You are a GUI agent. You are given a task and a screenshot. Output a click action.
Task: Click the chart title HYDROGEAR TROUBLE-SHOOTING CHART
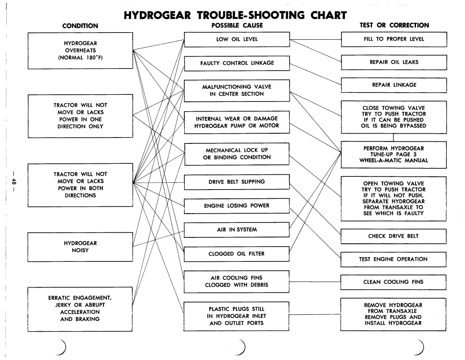236,15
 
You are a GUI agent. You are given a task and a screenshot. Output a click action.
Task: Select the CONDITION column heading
80,26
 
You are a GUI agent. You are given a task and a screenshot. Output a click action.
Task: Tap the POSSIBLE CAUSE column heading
237,26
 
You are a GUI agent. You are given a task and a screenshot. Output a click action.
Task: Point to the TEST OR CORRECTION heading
394,25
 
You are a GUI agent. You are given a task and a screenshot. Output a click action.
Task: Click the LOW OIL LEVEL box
237,39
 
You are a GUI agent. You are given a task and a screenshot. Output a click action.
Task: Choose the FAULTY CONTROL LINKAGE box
237,63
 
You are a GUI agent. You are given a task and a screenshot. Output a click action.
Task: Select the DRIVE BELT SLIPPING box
237,182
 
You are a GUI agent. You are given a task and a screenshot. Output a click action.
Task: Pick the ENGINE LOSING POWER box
237,206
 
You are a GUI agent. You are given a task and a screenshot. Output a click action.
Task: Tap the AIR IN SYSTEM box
237,230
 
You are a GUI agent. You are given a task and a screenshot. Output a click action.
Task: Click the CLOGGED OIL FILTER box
237,254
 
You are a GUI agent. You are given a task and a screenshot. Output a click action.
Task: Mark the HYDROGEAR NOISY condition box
80,246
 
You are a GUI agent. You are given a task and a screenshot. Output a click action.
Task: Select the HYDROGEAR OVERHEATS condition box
80,50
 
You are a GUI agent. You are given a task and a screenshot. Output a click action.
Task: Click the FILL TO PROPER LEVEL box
394,39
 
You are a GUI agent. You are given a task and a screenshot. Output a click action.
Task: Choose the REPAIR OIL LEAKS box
394,62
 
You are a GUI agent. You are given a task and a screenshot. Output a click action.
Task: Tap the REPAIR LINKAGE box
394,85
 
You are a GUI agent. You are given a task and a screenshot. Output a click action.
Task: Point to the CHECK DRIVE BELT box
394,236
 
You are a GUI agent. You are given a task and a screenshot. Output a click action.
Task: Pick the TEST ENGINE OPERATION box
394,259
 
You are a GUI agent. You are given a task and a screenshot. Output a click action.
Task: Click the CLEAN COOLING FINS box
394,281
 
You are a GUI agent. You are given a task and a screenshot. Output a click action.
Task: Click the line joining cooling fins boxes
315,281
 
